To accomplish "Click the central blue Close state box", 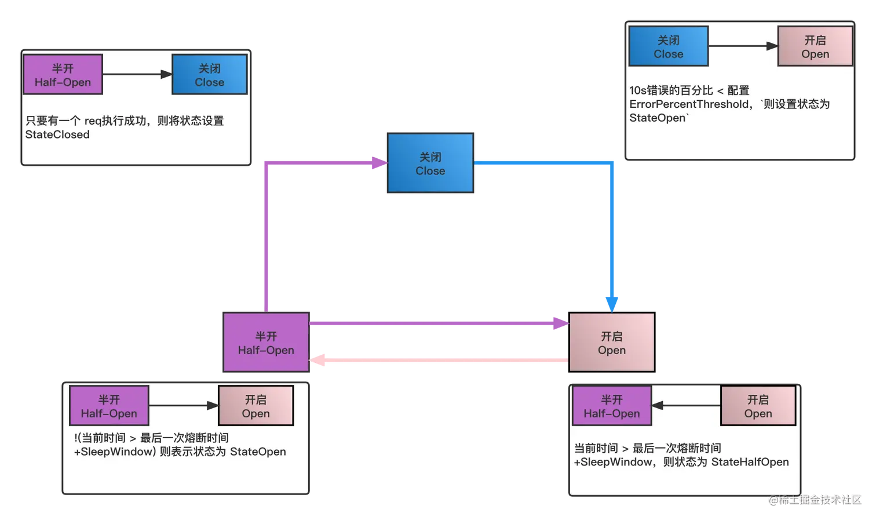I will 430,163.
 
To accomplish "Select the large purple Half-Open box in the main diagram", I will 266,343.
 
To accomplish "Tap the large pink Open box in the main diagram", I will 612,343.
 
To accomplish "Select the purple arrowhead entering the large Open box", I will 560,323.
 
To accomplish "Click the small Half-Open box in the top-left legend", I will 63,75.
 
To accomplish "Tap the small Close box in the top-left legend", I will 209,75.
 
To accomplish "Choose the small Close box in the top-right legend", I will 668,46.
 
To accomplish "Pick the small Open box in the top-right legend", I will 815,46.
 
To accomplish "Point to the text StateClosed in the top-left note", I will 57,134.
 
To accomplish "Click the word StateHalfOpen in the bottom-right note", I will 750,462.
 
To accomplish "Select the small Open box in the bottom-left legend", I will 256,406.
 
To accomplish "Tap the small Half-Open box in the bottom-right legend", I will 612,406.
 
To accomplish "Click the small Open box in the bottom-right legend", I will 758,406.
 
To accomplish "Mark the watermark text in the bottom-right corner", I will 815,499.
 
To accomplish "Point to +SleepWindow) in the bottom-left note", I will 115,452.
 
